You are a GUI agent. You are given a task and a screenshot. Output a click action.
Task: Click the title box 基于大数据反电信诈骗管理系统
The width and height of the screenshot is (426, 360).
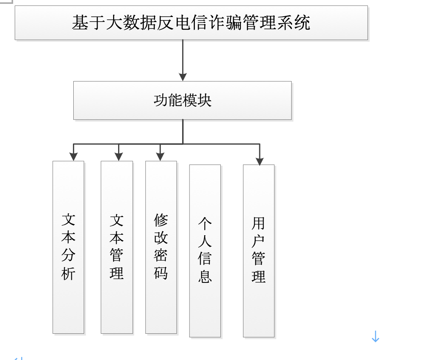coord(191,23)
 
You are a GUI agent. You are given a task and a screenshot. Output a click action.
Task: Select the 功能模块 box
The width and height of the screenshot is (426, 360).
coord(182,100)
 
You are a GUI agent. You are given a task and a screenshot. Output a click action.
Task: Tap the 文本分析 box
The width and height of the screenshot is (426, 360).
coord(68,247)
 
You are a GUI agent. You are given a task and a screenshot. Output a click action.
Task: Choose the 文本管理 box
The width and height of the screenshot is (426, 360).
coord(117,247)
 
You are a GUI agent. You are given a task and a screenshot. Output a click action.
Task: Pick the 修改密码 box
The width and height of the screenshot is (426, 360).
coord(161,247)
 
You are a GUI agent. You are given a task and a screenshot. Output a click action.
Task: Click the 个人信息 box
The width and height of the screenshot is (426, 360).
coord(205,251)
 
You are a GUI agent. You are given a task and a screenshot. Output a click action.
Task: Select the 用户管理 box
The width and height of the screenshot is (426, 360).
coord(259,251)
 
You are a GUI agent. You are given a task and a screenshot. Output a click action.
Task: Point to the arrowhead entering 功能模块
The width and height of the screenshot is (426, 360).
coord(183,77)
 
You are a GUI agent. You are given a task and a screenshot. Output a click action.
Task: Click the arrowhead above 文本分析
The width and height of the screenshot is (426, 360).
coord(73,156)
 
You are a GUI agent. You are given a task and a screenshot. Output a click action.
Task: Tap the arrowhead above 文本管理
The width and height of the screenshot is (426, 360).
coord(118,156)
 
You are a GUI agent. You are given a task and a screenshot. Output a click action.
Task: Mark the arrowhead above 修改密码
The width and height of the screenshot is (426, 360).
coord(160,156)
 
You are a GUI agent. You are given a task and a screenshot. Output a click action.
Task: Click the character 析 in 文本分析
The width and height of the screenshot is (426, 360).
coord(68,273)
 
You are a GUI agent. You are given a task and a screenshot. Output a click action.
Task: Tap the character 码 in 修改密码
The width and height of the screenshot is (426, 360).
coord(161,273)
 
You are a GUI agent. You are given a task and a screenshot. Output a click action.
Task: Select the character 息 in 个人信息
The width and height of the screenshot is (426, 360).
coord(205,277)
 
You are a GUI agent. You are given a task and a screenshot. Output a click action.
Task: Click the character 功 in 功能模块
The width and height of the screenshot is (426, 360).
coord(161,100)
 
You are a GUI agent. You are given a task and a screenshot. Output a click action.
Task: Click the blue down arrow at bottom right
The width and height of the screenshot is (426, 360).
coord(375,336)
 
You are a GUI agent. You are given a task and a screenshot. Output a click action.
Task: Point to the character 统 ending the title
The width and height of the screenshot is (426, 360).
coord(302,23)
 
